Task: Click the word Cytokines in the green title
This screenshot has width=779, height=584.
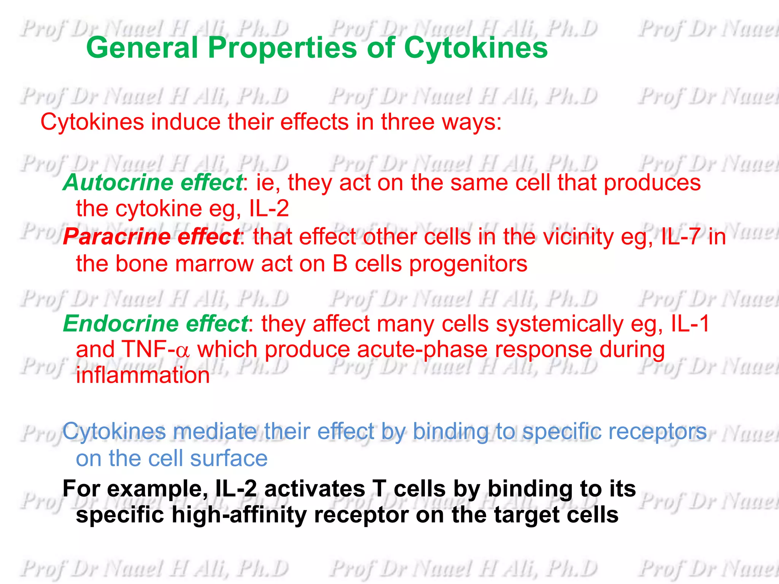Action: [x=475, y=48]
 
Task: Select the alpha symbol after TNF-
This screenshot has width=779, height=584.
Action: [x=183, y=351]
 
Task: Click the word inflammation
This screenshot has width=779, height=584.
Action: [x=143, y=375]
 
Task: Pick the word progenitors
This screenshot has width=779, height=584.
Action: [x=468, y=264]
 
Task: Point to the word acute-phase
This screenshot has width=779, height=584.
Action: [x=422, y=350]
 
